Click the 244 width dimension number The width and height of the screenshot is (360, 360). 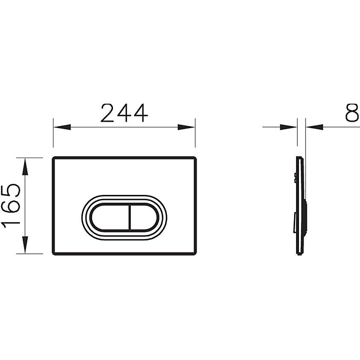coord(124,113)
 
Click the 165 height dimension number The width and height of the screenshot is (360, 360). coord(11,206)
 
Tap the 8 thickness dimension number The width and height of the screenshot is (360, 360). coord(352,113)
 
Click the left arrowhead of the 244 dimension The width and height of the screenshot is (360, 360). coord(62,127)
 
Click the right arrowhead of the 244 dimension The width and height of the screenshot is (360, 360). coord(186,127)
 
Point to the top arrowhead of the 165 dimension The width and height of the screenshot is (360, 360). coord(25,166)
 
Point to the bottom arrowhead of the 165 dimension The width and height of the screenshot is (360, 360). coord(25,245)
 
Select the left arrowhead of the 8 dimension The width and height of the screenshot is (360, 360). coord(289,127)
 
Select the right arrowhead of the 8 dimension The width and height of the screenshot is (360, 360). coord(314,127)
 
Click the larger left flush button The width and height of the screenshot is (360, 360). coord(110,217)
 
